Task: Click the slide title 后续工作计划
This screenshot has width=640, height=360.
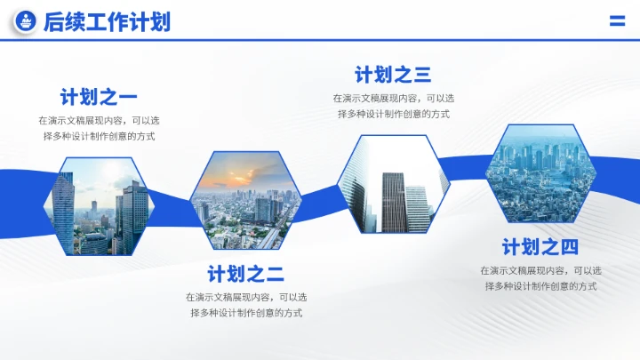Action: (x=107, y=22)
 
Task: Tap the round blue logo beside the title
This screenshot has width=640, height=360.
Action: (x=27, y=22)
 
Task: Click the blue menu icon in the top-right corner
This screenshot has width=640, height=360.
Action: (x=617, y=22)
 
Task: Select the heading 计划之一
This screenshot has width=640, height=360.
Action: (x=99, y=97)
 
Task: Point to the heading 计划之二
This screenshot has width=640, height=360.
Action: (x=246, y=274)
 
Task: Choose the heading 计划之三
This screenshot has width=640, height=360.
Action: (x=393, y=75)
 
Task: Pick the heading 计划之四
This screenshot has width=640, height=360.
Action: (x=540, y=247)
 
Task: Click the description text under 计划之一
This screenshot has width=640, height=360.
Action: (x=99, y=128)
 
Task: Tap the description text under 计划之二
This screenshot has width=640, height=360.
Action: (x=246, y=305)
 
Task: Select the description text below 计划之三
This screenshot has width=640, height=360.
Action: (x=393, y=106)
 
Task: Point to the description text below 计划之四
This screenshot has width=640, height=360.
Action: (x=540, y=278)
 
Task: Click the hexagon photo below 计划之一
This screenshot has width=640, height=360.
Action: (x=100, y=206)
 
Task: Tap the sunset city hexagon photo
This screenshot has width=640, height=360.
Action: (x=241, y=201)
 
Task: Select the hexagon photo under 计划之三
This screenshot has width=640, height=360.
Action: (x=394, y=185)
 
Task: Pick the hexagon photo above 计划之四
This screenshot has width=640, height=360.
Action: (x=540, y=173)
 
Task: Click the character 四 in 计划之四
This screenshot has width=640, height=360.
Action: (x=569, y=247)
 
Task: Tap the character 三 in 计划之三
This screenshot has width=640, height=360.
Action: (x=422, y=75)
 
